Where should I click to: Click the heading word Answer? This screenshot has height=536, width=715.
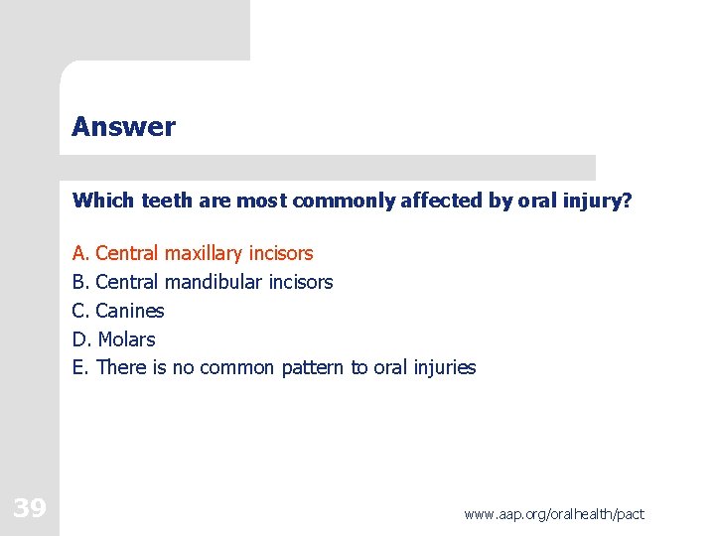(x=123, y=127)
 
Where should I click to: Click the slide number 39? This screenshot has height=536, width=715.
(x=30, y=509)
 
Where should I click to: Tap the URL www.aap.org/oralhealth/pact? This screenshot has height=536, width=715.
(x=554, y=513)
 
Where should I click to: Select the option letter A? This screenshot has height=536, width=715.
(x=79, y=253)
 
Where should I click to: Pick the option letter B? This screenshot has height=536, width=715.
(x=79, y=282)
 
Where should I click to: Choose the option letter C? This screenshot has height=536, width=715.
(x=79, y=311)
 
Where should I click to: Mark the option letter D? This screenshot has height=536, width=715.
(x=80, y=339)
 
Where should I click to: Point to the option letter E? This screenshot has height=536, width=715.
(x=78, y=368)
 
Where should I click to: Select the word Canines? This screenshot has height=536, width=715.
(x=130, y=311)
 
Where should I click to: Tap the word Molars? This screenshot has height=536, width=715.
(x=126, y=339)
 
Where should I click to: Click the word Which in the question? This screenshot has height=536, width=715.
(x=103, y=201)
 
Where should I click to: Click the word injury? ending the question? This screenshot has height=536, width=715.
(x=597, y=201)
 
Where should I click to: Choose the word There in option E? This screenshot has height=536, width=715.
(x=121, y=368)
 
